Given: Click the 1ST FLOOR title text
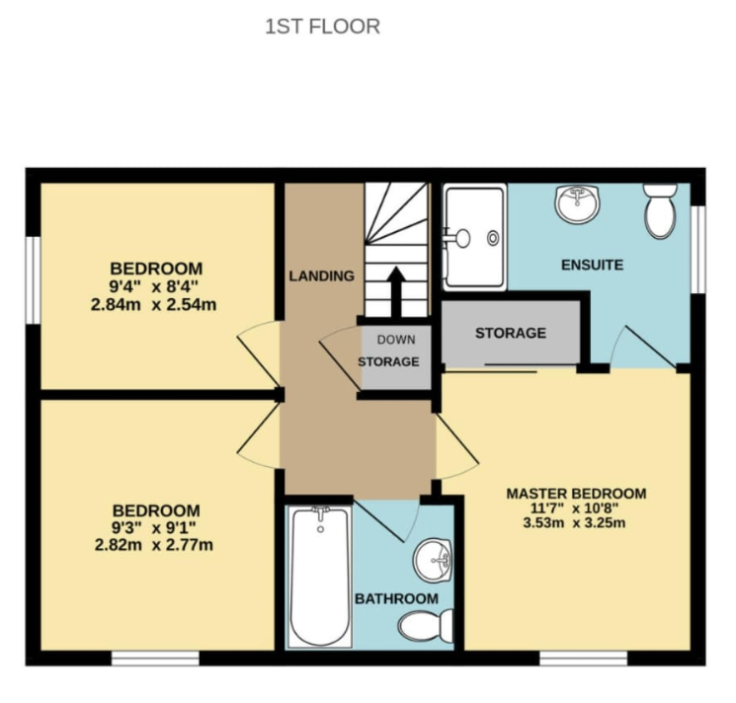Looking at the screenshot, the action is (322, 27).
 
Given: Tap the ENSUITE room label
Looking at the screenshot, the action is (593, 265).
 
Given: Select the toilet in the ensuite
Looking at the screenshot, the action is (661, 210).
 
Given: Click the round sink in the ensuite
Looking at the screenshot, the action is (577, 204).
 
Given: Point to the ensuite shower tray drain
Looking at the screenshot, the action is (493, 238).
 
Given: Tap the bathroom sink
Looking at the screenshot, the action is (433, 560).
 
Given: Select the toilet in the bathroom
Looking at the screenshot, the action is (426, 626).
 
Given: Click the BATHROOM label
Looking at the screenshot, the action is (396, 599).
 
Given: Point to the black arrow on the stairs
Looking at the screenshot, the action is (396, 291).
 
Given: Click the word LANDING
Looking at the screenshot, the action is (321, 276).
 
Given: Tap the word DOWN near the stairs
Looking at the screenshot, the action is (396, 340).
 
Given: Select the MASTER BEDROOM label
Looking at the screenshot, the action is (576, 494).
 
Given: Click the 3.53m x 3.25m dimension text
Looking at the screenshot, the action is (575, 523).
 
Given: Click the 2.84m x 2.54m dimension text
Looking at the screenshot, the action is (153, 305).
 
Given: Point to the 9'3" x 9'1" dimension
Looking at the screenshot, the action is (153, 528).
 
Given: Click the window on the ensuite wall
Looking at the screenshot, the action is (698, 250).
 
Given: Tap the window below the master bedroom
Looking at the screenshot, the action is (584, 658).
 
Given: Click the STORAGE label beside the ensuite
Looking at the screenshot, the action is (511, 334).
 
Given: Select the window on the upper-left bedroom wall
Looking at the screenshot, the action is (33, 280).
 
